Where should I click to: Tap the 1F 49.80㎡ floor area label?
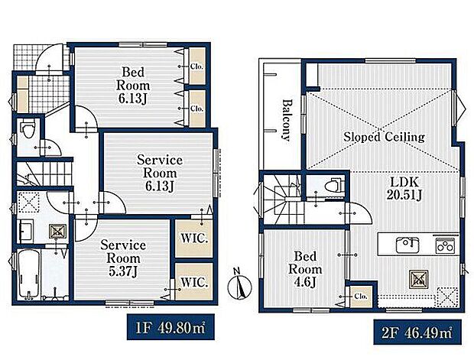tap(170, 327)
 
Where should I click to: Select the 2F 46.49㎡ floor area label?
tap(417, 332)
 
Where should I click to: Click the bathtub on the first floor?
tap(28, 274)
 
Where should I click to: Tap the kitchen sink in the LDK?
tap(407, 245)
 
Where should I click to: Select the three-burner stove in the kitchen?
tap(445, 245)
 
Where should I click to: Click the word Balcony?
tap(286, 120)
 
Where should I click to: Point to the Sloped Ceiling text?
tap(384, 137)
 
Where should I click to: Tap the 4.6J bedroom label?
tap(305, 269)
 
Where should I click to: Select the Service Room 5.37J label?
tap(123, 258)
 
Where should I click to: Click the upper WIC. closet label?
tap(194, 238)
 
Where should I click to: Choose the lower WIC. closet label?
tap(194, 283)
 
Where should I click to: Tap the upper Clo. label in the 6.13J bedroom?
tap(196, 66)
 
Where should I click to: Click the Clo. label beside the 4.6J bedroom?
tap(361, 297)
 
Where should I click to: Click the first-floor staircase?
tap(44, 174)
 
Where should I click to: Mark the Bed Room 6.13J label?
tap(133, 86)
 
